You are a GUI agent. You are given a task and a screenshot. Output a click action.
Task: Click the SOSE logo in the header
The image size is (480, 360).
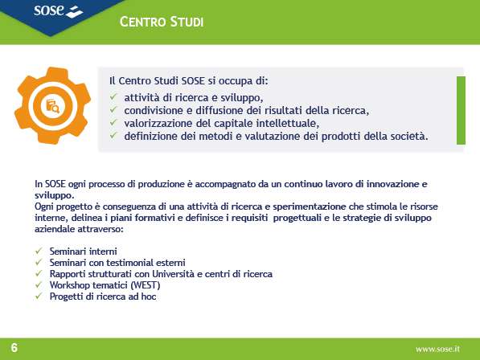pyautogui.click(x=58, y=11)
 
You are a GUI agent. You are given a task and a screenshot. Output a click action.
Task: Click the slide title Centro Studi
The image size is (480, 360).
pyautogui.click(x=162, y=22)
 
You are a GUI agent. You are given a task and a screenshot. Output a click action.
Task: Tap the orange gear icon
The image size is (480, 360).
pyautogui.click(x=52, y=105)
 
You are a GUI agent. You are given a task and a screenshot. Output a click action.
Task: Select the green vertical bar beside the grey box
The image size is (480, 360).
pyautogui.click(x=461, y=110)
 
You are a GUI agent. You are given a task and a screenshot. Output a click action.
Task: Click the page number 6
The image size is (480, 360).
pyautogui.click(x=14, y=348)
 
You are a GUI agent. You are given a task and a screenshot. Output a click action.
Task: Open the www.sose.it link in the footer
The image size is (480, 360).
pyautogui.click(x=437, y=349)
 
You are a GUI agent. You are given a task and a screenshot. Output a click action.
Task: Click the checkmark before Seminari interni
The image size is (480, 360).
pyautogui.click(x=39, y=251)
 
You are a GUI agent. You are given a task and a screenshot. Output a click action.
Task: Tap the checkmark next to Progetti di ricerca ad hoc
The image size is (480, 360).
pyautogui.click(x=39, y=296)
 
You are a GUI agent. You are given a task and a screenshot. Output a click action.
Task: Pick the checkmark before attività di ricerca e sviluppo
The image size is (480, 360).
pyautogui.click(x=113, y=97)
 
